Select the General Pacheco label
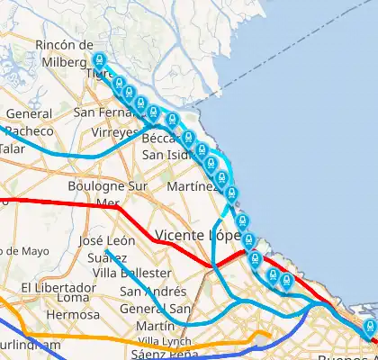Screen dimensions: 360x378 29,123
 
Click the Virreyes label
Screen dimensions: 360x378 114,131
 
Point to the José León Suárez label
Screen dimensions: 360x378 107,249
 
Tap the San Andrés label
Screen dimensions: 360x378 153,291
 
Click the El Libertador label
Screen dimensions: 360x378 52,287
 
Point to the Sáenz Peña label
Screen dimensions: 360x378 164,354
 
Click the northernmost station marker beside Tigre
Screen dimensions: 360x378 99,61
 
